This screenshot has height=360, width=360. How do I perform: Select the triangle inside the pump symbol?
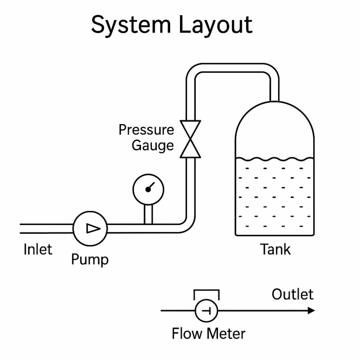(x=93, y=228)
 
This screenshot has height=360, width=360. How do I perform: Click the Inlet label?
(x=38, y=249)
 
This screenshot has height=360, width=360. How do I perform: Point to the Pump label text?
(x=90, y=259)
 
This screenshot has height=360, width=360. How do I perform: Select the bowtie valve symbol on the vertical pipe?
(x=191, y=139)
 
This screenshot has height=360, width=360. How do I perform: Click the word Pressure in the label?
(x=146, y=130)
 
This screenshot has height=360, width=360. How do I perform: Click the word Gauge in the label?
(x=152, y=146)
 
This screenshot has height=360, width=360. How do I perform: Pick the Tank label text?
(x=275, y=249)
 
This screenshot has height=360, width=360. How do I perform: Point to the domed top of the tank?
(x=275, y=117)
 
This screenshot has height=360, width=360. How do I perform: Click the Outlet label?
(x=292, y=294)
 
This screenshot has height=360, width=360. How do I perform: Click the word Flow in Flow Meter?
(x=187, y=334)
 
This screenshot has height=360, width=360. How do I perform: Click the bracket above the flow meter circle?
(x=206, y=292)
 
